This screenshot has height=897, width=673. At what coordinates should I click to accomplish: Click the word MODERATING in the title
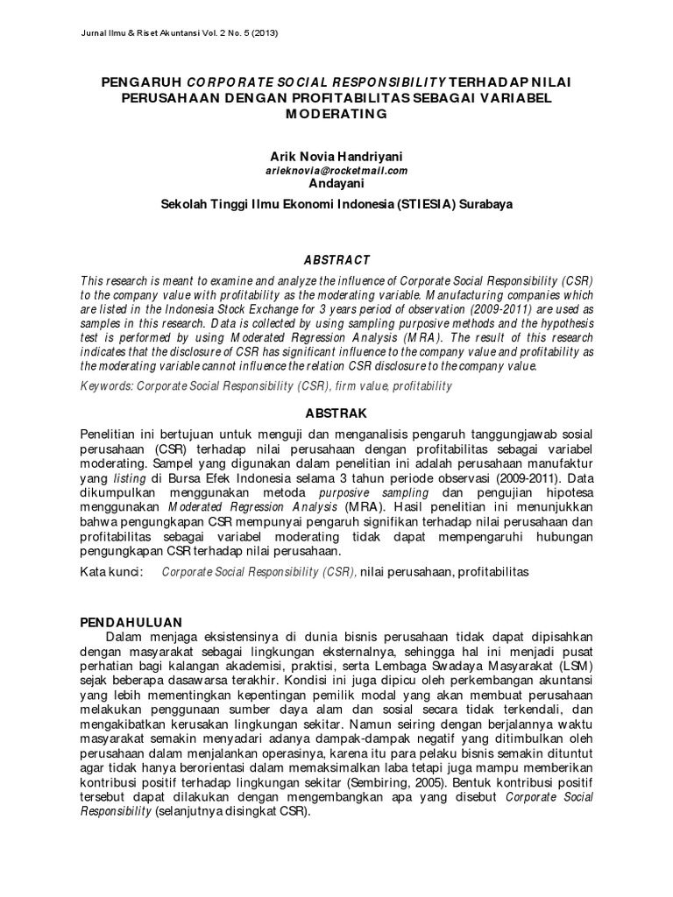(x=336, y=114)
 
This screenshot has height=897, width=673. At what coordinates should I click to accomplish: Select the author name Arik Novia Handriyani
(x=336, y=156)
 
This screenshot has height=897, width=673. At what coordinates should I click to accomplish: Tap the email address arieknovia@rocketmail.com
(x=336, y=170)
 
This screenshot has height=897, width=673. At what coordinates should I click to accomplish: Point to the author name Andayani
(x=336, y=183)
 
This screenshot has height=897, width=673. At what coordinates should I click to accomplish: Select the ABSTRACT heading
(x=336, y=260)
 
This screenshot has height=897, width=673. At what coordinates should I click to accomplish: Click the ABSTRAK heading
(x=336, y=413)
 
